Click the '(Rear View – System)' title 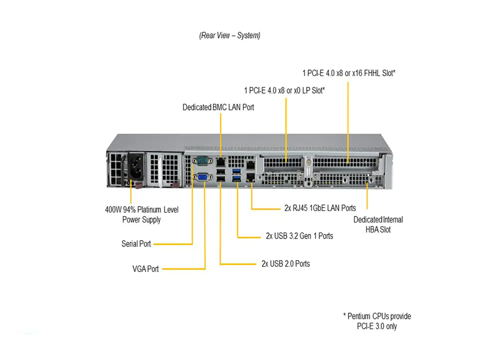[x=229, y=35]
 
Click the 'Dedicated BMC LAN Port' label [x=218, y=107]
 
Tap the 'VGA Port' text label [x=145, y=269]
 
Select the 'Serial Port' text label [x=136, y=244]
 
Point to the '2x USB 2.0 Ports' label [x=285, y=263]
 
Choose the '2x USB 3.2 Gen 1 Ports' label [x=299, y=235]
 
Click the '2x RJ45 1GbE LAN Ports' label [x=320, y=208]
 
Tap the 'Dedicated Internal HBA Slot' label [x=378, y=224]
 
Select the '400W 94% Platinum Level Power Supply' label [x=141, y=214]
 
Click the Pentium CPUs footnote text [x=377, y=321]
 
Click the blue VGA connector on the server [x=203, y=178]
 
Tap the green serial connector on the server [x=202, y=161]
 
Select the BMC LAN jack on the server [x=220, y=161]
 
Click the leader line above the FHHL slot [x=348, y=120]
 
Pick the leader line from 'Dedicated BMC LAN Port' [x=220, y=132]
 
